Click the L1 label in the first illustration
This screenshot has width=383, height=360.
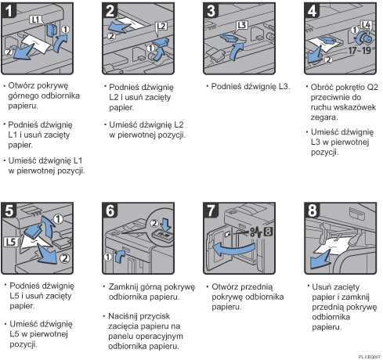coord(35,16)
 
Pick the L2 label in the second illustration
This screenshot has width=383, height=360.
coord(161,26)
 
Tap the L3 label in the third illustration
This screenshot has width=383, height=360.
coord(242,26)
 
